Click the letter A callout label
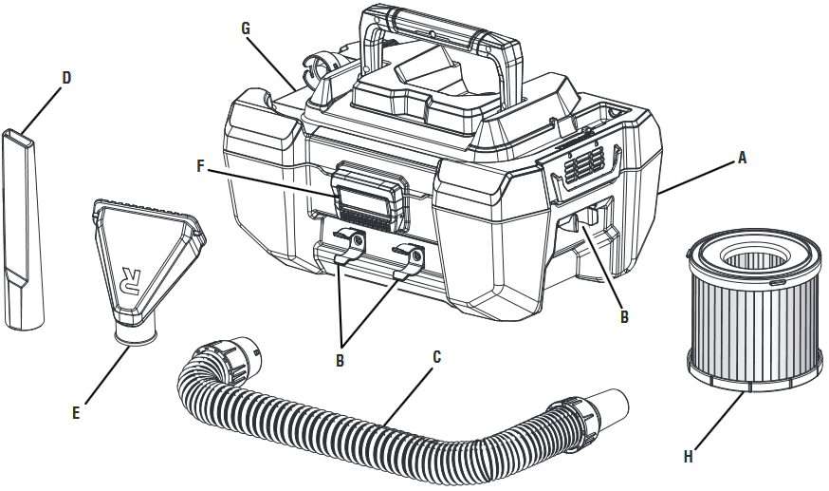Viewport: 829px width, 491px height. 743,160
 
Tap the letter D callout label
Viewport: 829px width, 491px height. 66,77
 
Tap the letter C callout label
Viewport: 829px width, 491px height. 436,358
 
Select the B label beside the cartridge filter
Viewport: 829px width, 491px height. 624,317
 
